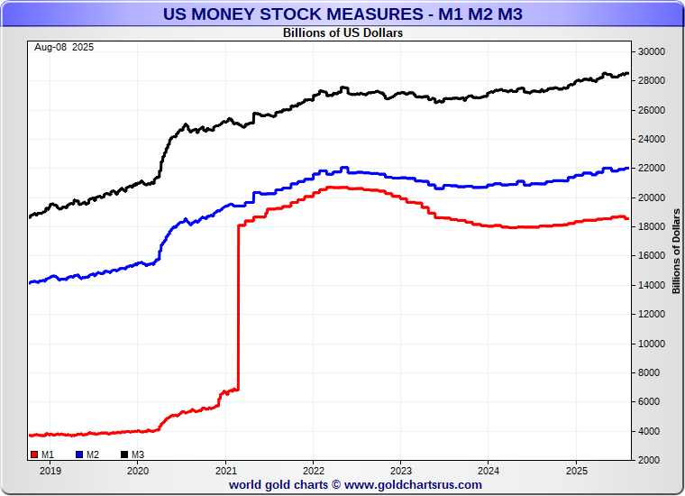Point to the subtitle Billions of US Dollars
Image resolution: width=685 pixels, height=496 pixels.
(x=342, y=33)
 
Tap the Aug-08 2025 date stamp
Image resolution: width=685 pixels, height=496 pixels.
(x=64, y=47)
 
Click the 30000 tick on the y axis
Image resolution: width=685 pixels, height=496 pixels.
(x=652, y=51)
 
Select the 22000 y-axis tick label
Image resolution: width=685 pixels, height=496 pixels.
(x=652, y=169)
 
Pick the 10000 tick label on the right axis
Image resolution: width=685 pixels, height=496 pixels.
(x=652, y=344)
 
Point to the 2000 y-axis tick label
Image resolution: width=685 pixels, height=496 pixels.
(x=654, y=460)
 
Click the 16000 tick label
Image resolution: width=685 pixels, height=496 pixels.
(x=652, y=256)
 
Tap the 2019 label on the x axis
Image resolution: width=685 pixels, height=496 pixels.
(x=50, y=471)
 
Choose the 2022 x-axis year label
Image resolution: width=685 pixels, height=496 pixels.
(x=314, y=471)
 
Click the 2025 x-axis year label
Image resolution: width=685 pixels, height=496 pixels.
(x=577, y=471)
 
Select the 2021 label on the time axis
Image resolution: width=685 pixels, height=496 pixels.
(x=225, y=471)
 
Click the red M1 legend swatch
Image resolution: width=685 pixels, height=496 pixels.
(x=34, y=455)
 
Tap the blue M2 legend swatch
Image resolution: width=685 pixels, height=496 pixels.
(x=79, y=455)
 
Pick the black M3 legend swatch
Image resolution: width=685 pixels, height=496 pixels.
(x=124, y=455)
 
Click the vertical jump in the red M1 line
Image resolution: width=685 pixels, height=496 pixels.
(x=238, y=307)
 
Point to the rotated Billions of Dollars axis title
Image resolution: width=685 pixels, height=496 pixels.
(x=676, y=251)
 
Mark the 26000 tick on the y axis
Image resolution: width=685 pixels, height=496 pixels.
(x=652, y=110)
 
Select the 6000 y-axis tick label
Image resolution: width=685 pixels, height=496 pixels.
(x=654, y=402)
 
